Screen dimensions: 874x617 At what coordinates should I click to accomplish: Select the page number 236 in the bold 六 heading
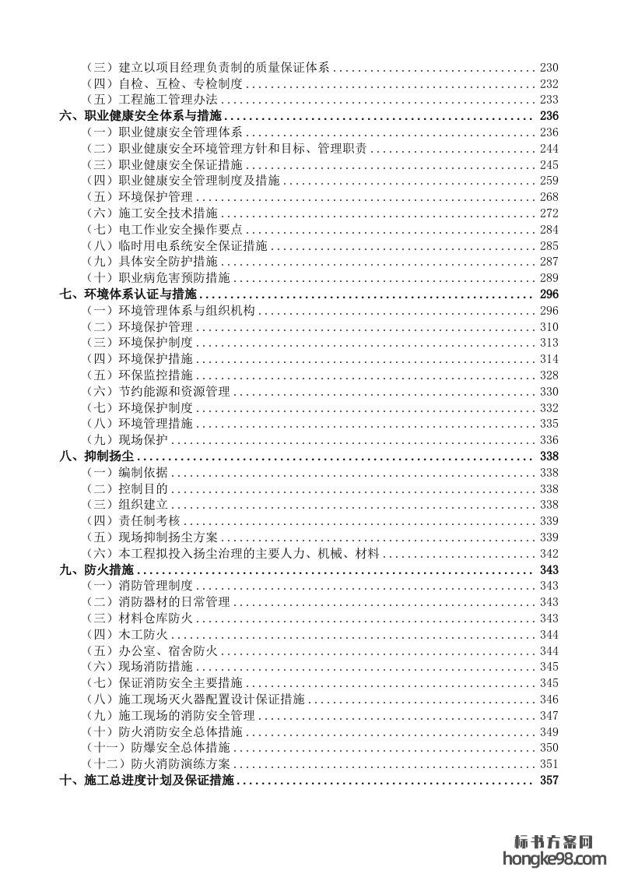click(x=549, y=116)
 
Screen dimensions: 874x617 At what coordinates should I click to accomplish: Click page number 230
click(x=549, y=68)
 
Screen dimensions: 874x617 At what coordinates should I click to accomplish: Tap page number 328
click(x=549, y=375)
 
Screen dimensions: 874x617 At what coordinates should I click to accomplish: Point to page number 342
click(x=549, y=553)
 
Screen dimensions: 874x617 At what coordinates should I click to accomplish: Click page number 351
click(x=549, y=763)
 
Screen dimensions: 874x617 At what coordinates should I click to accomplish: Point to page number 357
click(x=549, y=781)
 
